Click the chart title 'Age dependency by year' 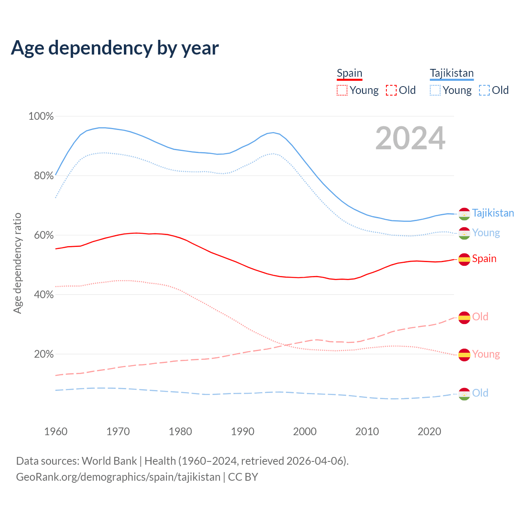[115, 48]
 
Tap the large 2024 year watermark [410, 138]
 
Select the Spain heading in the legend [349, 73]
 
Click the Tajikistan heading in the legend [452, 73]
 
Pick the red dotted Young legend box [342, 90]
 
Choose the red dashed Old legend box [391, 90]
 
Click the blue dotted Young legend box [435, 90]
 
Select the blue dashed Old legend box [484, 90]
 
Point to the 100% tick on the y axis [41, 116]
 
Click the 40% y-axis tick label [44, 294]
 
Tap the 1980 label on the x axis [180, 431]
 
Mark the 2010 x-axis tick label [367, 431]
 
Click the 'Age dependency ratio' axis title [17, 263]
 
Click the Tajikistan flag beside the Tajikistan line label [464, 214]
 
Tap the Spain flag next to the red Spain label [464, 259]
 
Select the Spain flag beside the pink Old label [464, 318]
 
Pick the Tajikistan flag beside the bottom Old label [464, 394]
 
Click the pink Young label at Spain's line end [486, 354]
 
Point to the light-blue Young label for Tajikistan [486, 233]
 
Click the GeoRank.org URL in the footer [118, 477]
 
